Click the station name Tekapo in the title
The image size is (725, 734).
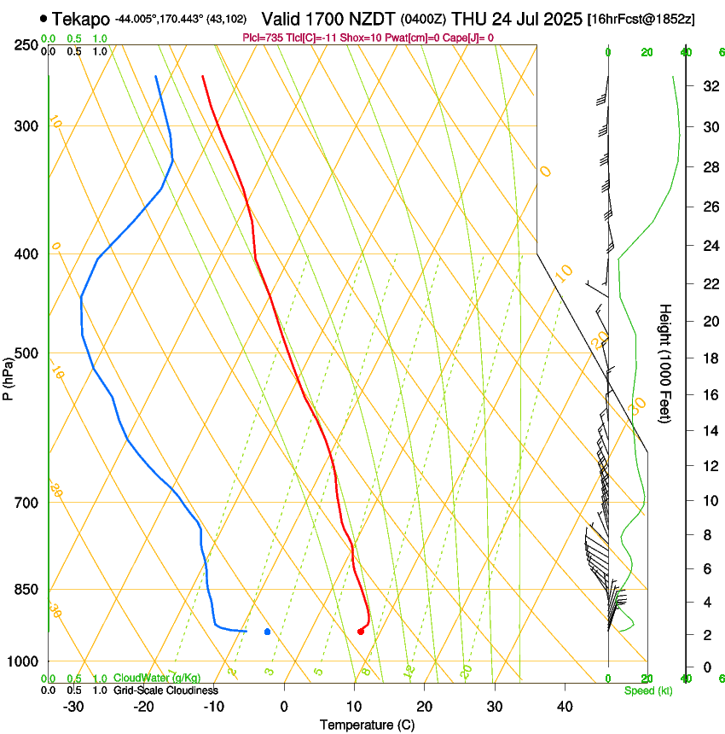[x=81, y=19]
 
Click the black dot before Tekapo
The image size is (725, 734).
[x=43, y=18]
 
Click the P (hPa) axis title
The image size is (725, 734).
[x=9, y=377]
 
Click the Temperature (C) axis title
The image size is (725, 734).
[x=367, y=725]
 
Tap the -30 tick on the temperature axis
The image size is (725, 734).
[x=73, y=706]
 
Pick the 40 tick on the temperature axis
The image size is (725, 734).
[x=564, y=706]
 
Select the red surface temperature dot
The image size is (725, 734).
[x=361, y=632]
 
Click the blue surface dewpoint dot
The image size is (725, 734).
[x=268, y=632]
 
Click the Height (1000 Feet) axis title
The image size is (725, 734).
[x=666, y=364]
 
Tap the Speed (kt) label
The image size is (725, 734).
[x=647, y=690]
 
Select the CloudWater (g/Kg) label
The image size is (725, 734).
[x=157, y=678]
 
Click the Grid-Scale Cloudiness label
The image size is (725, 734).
[x=165, y=690]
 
